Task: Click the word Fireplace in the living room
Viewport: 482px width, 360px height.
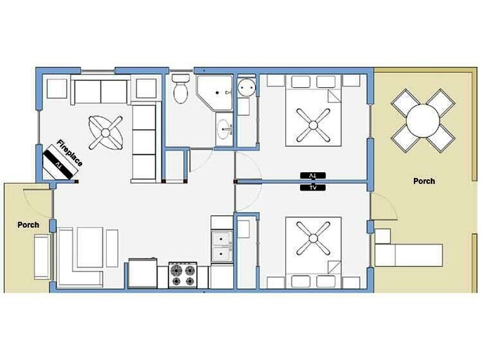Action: tap(70, 153)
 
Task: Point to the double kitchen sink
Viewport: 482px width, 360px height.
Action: tap(222, 244)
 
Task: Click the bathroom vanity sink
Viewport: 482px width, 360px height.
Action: tap(224, 129)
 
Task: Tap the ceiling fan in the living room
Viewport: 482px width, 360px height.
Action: tap(107, 131)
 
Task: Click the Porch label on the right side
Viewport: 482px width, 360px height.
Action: tap(424, 181)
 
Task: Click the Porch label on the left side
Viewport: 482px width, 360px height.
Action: tap(28, 225)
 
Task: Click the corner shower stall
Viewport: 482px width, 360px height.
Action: tap(214, 95)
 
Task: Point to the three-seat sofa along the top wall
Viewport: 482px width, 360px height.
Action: tap(100, 91)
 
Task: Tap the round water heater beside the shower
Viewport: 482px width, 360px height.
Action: tap(247, 88)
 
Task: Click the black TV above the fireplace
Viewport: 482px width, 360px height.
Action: tap(58, 161)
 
